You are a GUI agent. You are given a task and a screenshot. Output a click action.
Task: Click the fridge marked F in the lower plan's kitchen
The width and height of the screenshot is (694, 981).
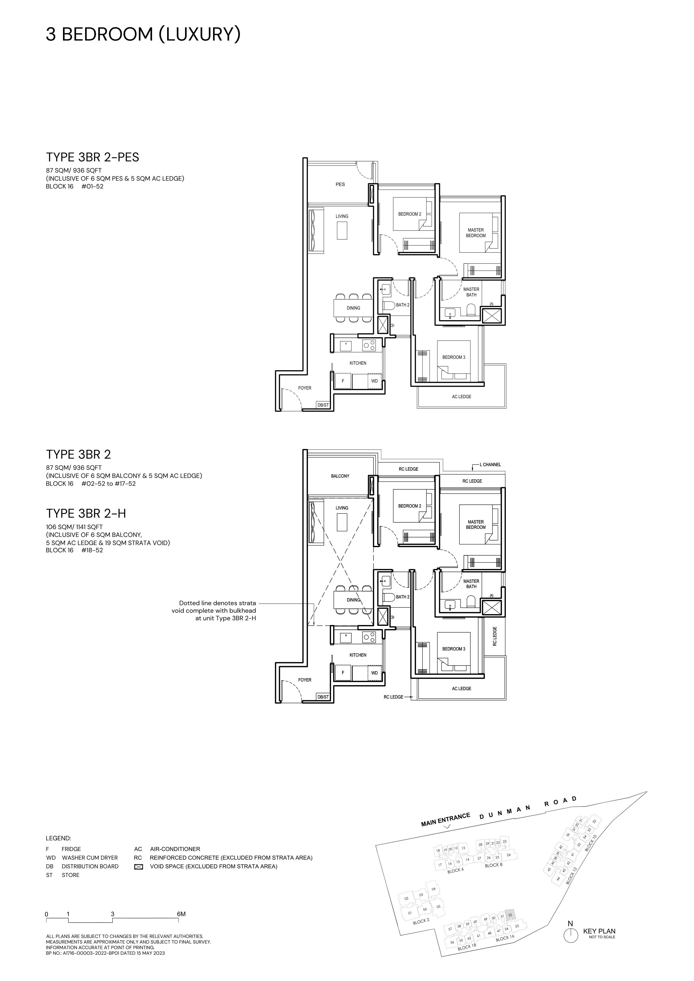tap(343, 673)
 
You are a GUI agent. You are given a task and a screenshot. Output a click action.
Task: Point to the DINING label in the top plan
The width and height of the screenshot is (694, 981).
tap(353, 308)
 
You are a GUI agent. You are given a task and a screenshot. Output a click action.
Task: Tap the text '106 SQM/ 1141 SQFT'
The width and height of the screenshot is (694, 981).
tap(74, 527)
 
